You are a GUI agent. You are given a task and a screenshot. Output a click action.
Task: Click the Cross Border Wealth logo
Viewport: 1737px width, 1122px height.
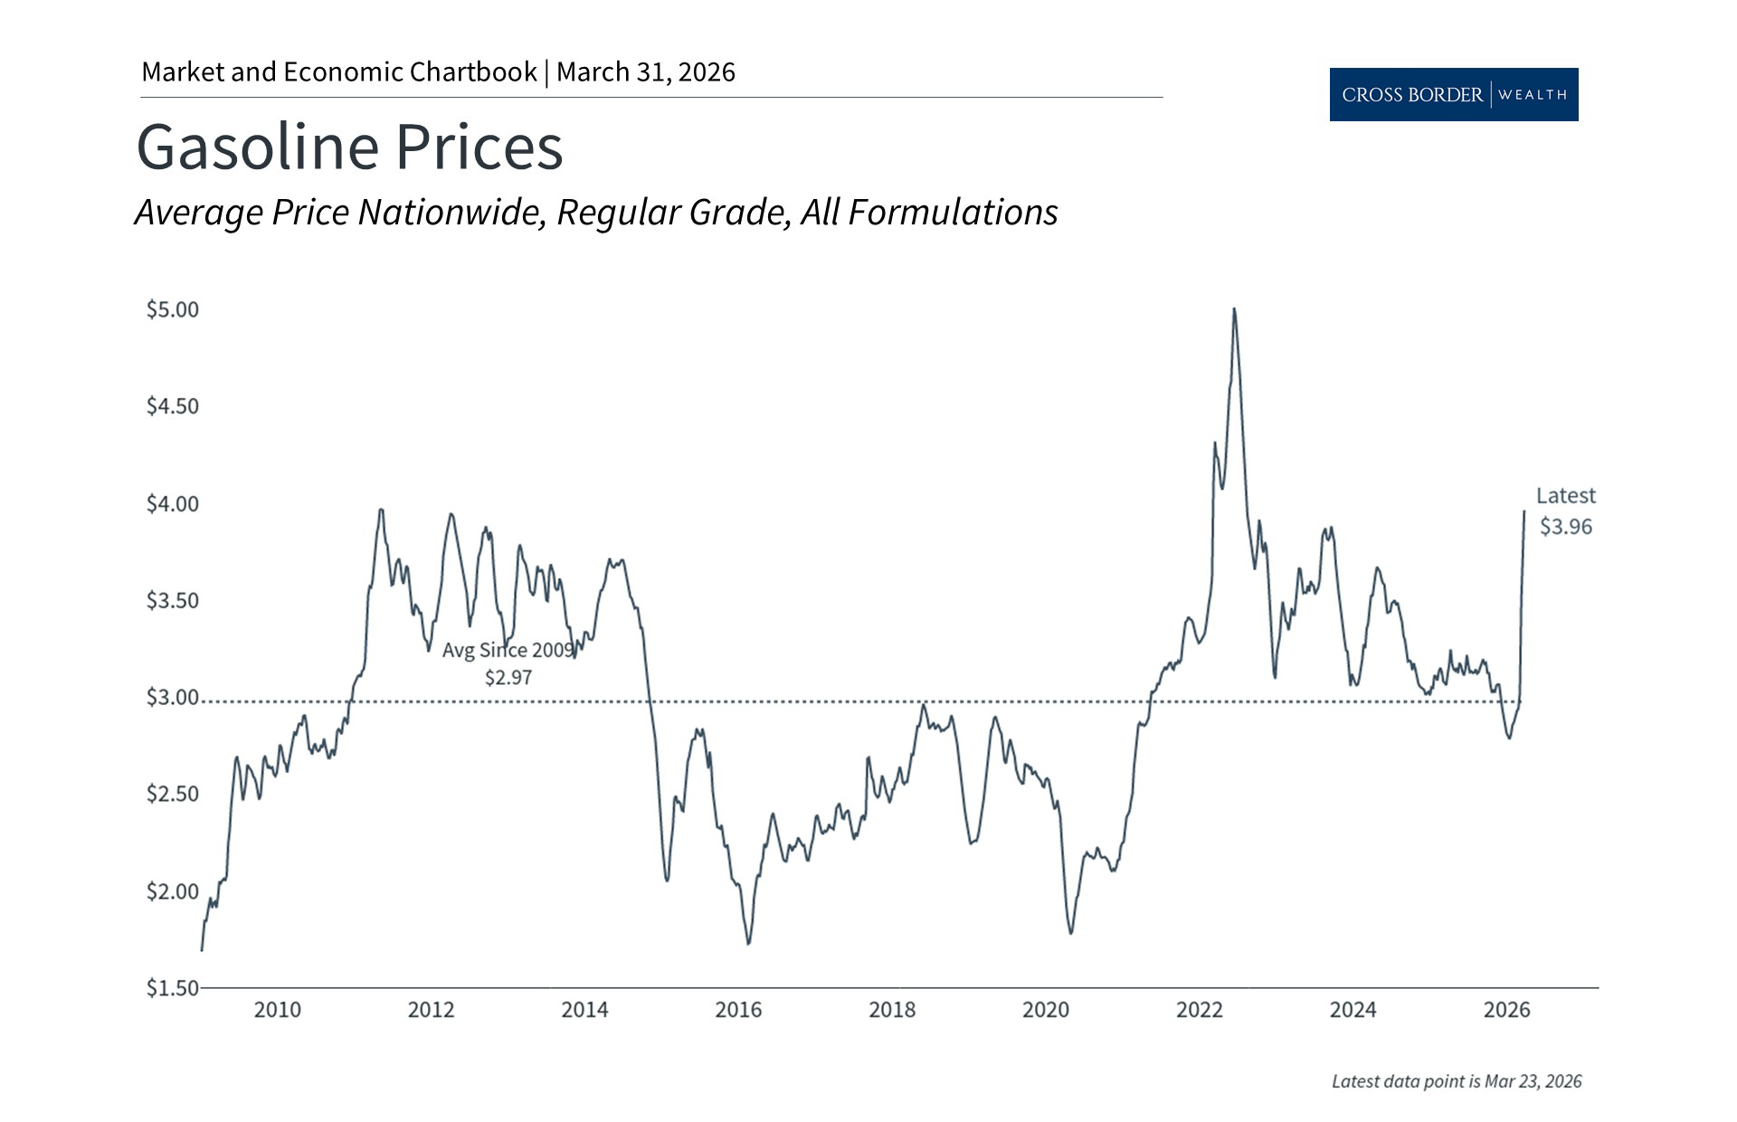tap(1453, 94)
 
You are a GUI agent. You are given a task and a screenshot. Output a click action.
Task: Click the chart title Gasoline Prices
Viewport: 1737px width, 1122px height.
tap(349, 147)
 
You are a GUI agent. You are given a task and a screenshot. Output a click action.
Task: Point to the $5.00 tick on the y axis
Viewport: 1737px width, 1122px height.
tap(173, 309)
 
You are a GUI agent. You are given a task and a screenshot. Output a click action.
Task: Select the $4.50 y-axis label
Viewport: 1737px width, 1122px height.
tap(173, 406)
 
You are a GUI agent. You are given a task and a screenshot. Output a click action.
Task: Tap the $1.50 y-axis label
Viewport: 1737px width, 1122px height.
tap(173, 988)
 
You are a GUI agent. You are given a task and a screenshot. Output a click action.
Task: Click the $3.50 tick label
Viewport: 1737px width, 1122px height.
tap(173, 601)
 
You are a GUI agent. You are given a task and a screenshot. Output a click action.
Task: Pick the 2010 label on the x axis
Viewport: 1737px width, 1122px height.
tap(277, 1010)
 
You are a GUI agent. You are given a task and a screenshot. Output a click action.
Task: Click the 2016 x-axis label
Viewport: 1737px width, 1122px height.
tap(738, 1010)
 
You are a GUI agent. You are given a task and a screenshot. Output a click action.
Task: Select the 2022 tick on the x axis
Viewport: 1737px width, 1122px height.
tap(1199, 1010)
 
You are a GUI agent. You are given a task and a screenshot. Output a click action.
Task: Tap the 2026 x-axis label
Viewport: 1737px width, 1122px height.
tap(1506, 1010)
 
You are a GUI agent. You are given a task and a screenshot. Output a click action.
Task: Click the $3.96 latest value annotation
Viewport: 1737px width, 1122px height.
tap(1566, 527)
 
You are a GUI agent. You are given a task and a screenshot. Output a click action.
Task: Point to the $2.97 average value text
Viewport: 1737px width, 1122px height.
tap(508, 678)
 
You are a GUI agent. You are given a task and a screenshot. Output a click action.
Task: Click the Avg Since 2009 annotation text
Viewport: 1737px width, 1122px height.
tap(508, 650)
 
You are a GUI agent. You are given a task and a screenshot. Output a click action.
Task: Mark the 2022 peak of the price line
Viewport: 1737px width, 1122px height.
tap(1234, 310)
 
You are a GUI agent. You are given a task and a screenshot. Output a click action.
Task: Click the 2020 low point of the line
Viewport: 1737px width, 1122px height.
tap(1071, 932)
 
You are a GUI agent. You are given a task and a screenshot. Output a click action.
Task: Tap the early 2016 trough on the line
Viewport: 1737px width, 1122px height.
tap(748, 943)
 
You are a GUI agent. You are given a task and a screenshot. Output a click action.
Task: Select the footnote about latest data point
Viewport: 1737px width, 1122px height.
tap(1457, 1081)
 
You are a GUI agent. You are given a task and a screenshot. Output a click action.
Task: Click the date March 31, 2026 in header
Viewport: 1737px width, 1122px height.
tap(646, 72)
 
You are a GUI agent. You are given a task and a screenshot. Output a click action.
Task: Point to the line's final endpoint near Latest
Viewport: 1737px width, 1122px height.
tap(1524, 512)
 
